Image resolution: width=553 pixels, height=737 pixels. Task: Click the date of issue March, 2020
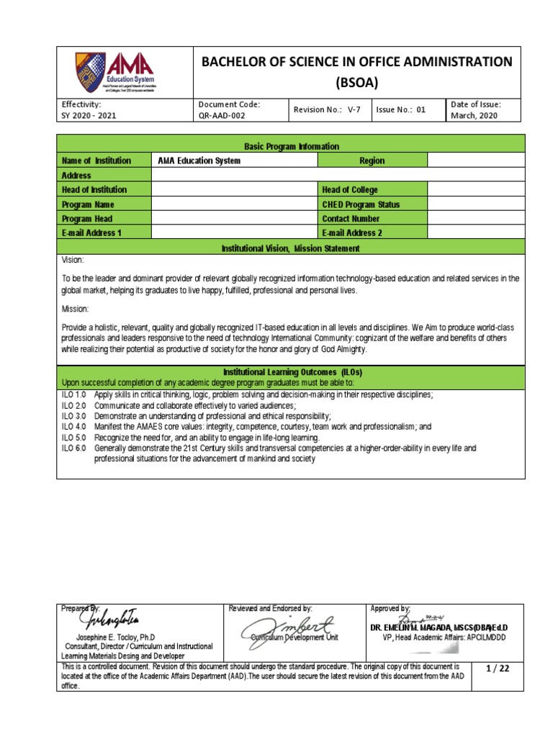[475, 115]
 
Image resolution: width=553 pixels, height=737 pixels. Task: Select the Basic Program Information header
[292, 146]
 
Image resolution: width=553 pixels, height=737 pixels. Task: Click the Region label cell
[372, 160]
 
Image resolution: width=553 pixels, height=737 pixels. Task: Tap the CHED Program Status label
[361, 204]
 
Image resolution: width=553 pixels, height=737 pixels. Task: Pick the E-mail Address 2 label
[352, 233]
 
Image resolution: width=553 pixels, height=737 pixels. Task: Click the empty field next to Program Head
[233, 219]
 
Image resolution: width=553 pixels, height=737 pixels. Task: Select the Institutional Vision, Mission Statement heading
[292, 248]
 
